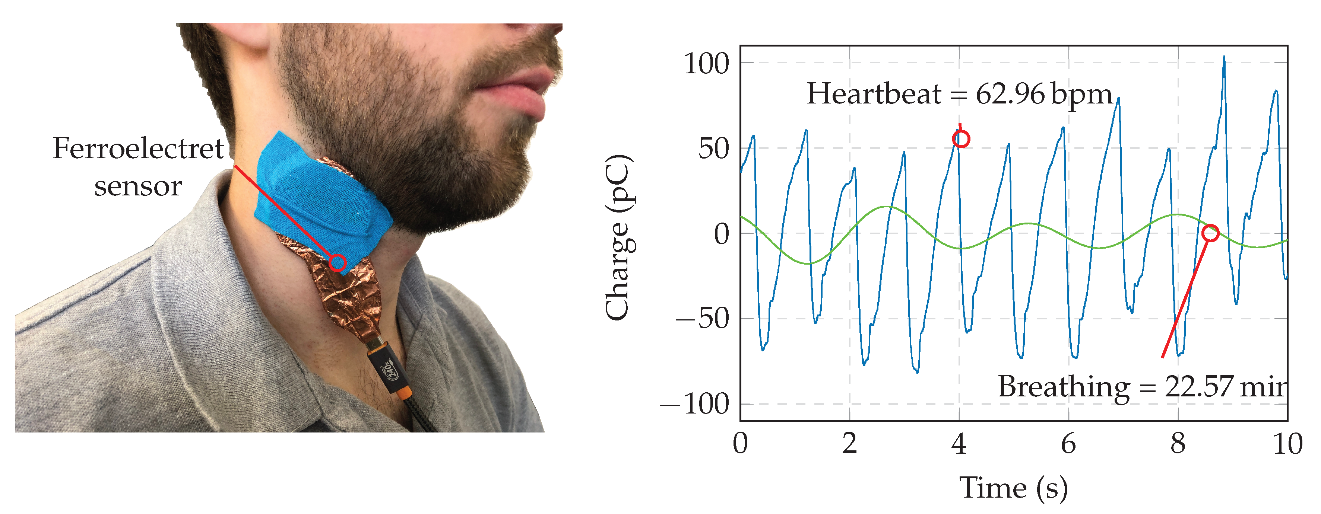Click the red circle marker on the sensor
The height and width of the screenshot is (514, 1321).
pos(337,263)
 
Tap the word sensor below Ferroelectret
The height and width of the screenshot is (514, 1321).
pos(138,186)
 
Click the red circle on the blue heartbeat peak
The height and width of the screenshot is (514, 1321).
pos(961,139)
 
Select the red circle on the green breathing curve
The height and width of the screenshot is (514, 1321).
pos(1210,233)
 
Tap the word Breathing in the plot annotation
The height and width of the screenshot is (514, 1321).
pos(1064,387)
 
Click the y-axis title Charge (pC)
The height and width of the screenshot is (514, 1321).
pos(619,237)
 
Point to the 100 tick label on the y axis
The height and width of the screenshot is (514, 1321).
pos(706,64)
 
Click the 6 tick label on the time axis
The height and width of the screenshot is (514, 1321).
pos(1068,443)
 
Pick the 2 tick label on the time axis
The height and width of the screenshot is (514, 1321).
pos(849,443)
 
